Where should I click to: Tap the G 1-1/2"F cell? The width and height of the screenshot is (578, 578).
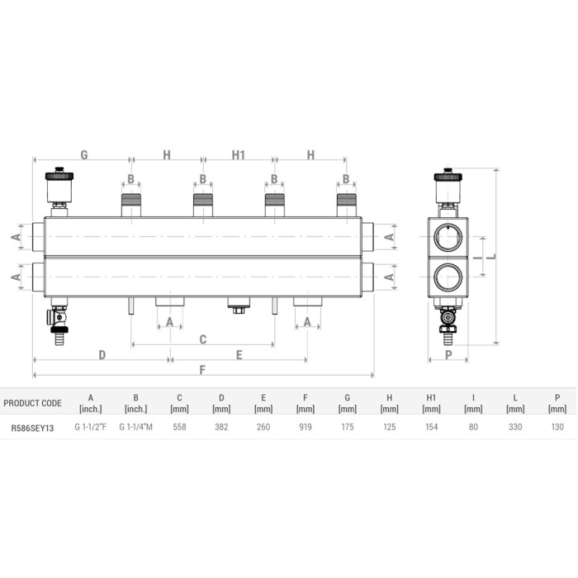click(x=90, y=428)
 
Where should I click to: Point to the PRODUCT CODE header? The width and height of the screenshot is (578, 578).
click(x=32, y=403)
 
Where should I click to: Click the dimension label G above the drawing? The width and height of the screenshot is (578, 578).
click(x=83, y=154)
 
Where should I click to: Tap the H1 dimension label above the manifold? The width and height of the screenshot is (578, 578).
click(x=239, y=154)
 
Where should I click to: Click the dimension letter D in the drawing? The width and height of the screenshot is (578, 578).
click(x=102, y=354)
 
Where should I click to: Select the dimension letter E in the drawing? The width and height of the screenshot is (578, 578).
click(x=239, y=354)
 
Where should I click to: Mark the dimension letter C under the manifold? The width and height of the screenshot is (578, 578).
click(x=202, y=339)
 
